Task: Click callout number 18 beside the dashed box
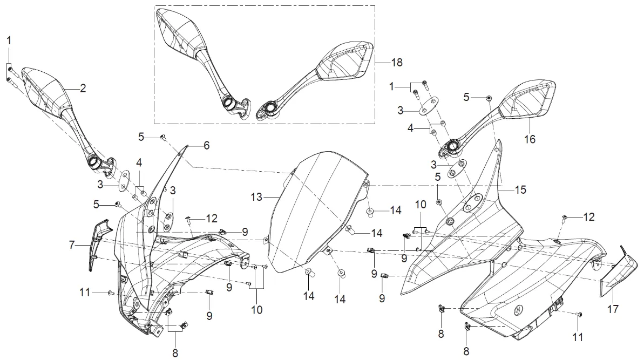397,63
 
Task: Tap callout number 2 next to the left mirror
83,89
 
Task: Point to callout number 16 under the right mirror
530,139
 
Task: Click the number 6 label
206,145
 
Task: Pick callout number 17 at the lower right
613,310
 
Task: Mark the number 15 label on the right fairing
520,190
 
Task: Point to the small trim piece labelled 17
614,273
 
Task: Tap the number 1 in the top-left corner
9,40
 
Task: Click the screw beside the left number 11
110,292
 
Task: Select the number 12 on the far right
589,217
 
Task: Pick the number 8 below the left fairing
175,354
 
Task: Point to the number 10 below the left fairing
256,310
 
